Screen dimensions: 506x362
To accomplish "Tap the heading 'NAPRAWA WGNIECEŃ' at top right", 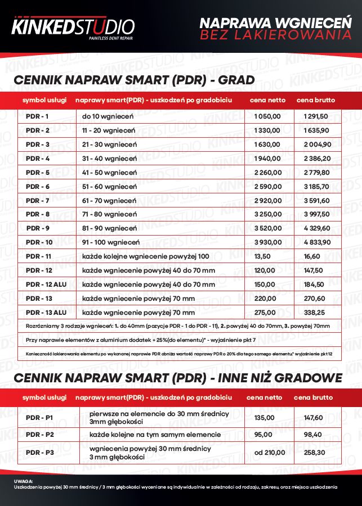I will click(275, 23).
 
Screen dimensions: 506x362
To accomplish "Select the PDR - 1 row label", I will click(38, 116).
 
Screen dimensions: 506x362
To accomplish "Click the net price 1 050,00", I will click(267, 116).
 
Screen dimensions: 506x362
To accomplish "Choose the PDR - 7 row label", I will click(38, 201).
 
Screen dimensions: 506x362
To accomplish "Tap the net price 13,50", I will click(263, 256).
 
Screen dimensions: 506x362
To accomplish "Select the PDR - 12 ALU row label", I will click(46, 284).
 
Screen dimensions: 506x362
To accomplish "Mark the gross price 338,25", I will click(311, 313).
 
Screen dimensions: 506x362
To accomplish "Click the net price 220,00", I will click(265, 299).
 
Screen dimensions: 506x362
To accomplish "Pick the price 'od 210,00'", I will click(270, 452).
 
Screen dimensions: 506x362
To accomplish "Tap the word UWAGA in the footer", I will click(23, 481).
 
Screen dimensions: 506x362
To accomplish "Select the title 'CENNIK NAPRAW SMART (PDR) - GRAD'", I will click(135, 79).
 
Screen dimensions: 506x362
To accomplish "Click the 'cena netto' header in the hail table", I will click(268, 100).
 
